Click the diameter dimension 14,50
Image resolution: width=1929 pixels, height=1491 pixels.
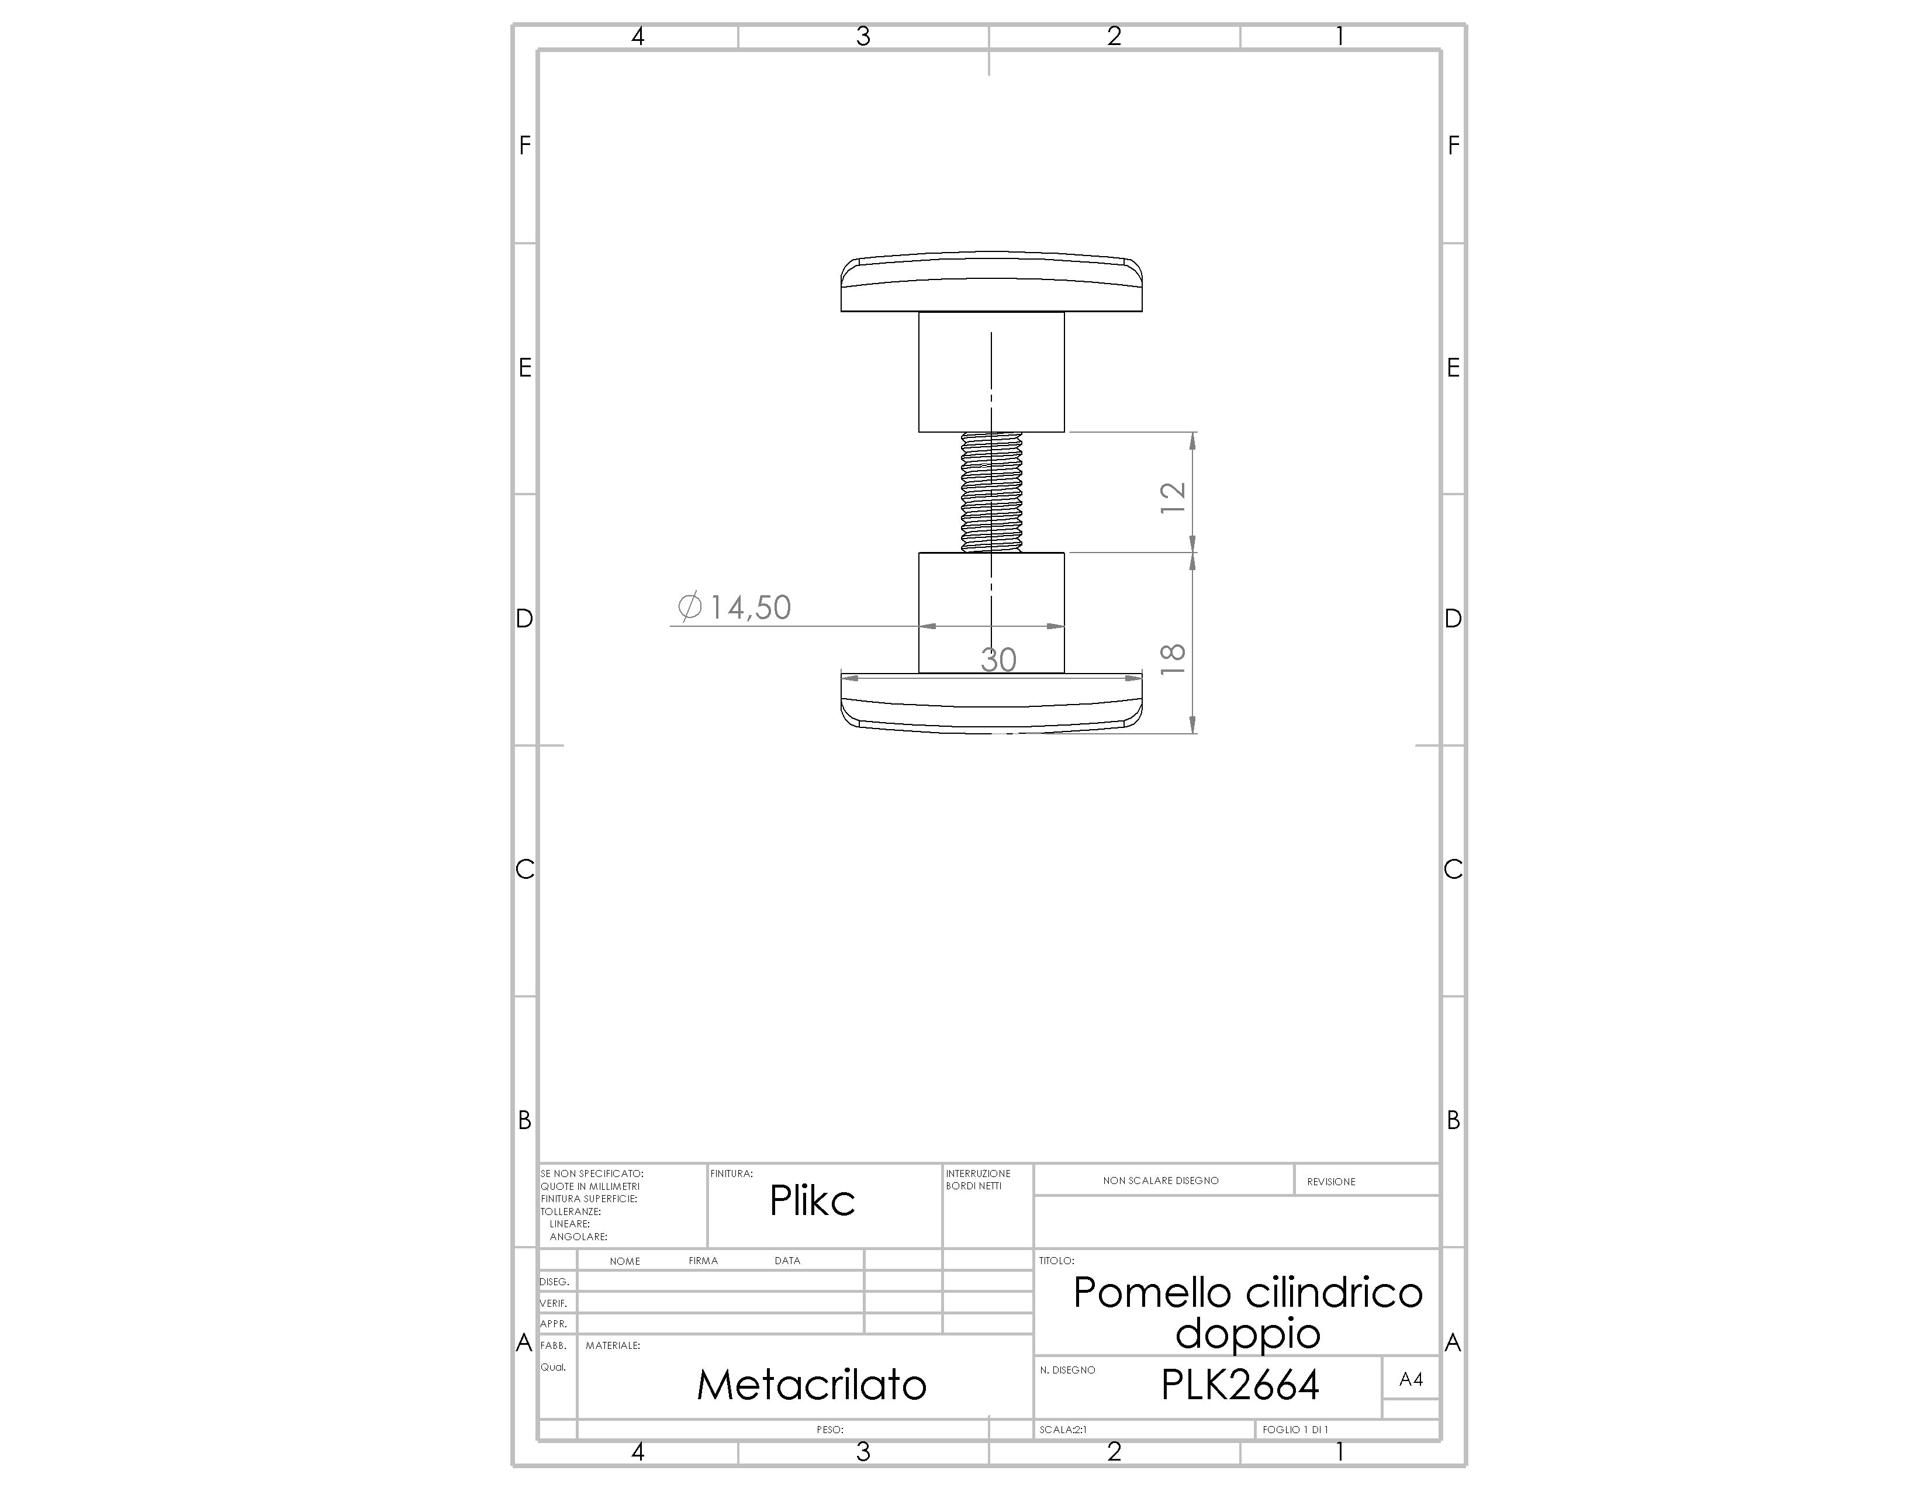click(734, 607)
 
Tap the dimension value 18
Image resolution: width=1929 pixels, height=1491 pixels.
click(1172, 660)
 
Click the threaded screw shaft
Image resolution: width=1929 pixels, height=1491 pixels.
click(991, 492)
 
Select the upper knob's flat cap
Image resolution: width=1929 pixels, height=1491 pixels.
click(991, 282)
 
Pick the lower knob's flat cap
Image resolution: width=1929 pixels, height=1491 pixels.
click(991, 703)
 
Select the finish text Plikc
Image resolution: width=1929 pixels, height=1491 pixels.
click(812, 1200)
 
